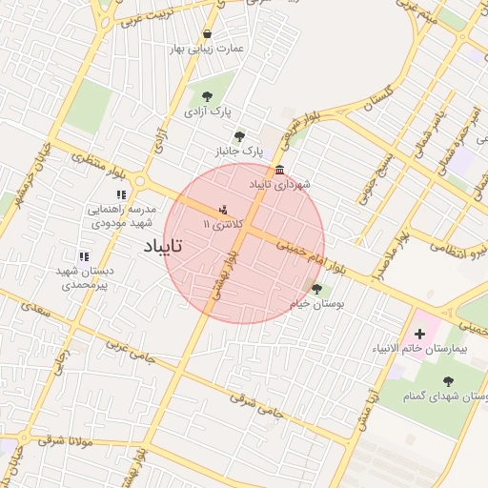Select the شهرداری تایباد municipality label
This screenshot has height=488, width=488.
coord(278,183)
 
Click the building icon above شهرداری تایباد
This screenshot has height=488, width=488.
coord(278,171)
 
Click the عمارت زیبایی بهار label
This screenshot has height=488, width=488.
coord(206,48)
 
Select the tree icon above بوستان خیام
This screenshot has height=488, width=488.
coord(316,289)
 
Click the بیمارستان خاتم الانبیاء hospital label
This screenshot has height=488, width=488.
coord(419,351)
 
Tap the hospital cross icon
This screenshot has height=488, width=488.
coord(419,335)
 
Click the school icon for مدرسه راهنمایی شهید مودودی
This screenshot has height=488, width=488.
coord(120,195)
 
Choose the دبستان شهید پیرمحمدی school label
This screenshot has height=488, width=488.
coord(84,277)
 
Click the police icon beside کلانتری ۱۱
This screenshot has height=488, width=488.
coord(223,210)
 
